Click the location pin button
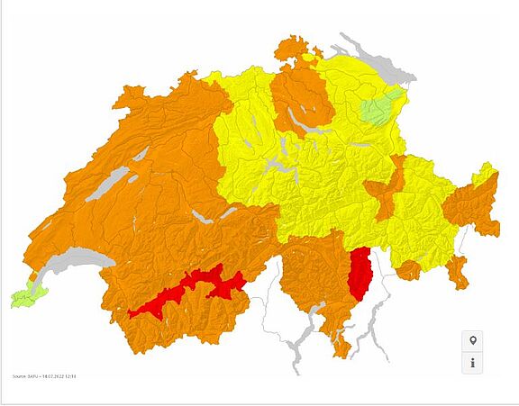point(473,341)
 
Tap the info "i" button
point(473,363)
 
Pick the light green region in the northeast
point(381,110)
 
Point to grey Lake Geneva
point(72,260)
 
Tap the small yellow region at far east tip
point(486,172)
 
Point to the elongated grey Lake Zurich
point(311,127)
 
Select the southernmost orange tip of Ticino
point(341,347)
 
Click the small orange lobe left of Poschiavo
point(408,269)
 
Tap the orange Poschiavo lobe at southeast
point(457,271)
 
